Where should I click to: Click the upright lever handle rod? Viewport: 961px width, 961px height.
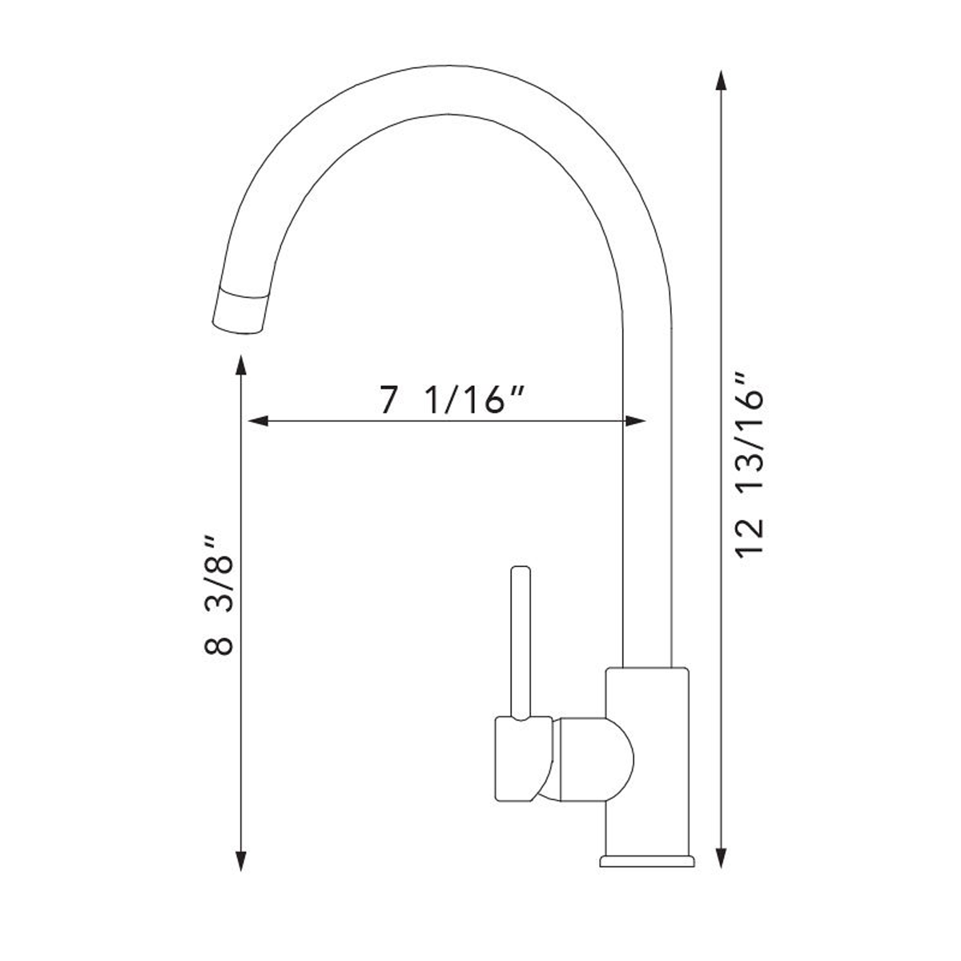point(521,641)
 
